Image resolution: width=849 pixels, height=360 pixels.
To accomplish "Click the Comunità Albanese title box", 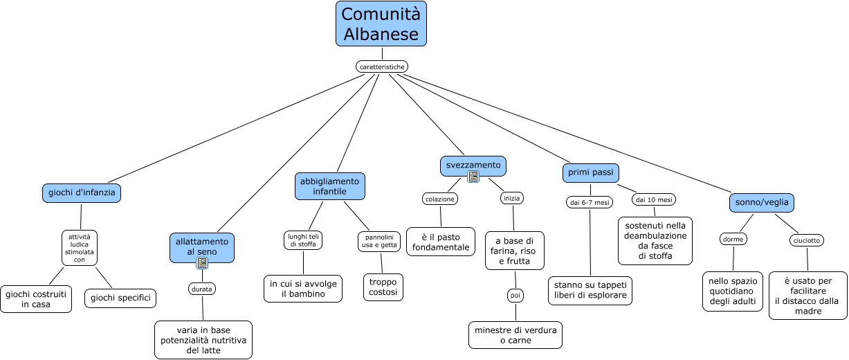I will pyautogui.click(x=381, y=24).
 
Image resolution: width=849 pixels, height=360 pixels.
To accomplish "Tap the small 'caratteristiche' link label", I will pyautogui.click(x=382, y=66).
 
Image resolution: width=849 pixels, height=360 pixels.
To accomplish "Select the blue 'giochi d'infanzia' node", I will pyautogui.click(x=82, y=192).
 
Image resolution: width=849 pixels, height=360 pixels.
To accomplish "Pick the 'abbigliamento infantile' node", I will pyautogui.click(x=329, y=186).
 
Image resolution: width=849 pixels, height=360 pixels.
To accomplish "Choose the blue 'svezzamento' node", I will pyautogui.click(x=473, y=165).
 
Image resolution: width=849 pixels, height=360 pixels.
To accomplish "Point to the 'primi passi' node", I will pyautogui.click(x=590, y=172).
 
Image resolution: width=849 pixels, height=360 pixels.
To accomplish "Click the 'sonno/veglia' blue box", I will pyautogui.click(x=762, y=202).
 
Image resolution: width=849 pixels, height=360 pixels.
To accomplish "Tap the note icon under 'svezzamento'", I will pyautogui.click(x=473, y=177).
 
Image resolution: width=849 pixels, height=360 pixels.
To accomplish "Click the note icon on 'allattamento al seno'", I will pyautogui.click(x=202, y=263).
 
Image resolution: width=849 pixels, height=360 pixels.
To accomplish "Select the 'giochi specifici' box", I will pyautogui.click(x=120, y=298).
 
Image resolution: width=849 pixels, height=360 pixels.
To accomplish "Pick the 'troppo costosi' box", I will pyautogui.click(x=383, y=287).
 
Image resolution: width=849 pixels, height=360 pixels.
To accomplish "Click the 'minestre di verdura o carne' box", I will pyautogui.click(x=515, y=335).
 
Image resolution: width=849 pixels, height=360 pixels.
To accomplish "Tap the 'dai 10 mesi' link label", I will pyautogui.click(x=654, y=199).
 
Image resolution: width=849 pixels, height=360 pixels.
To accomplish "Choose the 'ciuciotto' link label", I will pyautogui.click(x=807, y=240).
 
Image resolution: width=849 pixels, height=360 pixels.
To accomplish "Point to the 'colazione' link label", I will pyautogui.click(x=440, y=199).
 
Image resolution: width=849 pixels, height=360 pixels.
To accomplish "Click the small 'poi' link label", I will pyautogui.click(x=515, y=296).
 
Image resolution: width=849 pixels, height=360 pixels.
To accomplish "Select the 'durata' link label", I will pyautogui.click(x=203, y=288).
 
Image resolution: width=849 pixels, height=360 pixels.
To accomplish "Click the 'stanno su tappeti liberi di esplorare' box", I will pyautogui.click(x=590, y=290).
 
